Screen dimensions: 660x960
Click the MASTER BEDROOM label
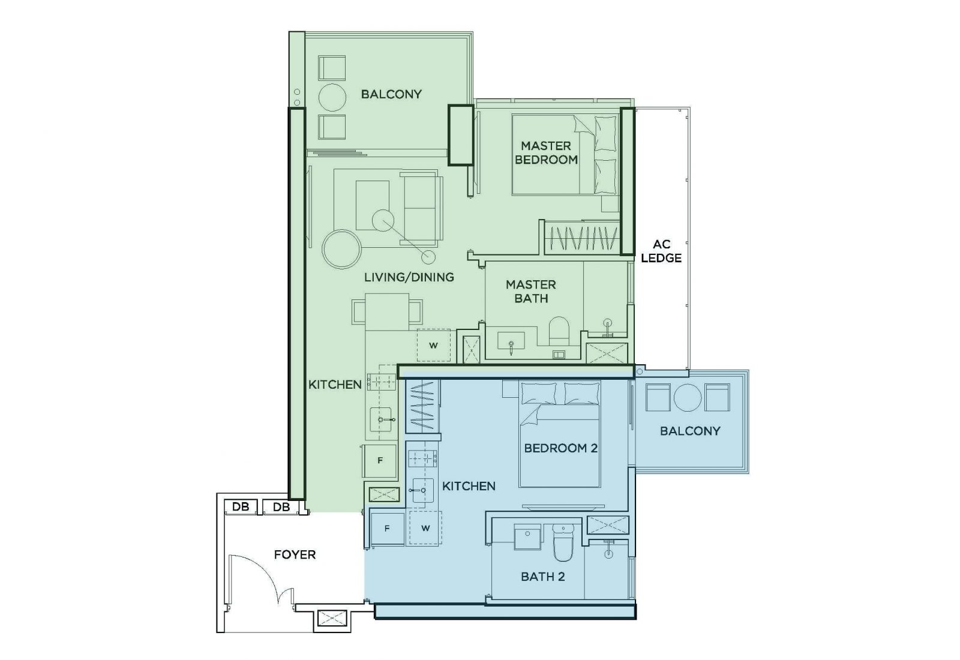point(546,153)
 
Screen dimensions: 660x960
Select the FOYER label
point(295,554)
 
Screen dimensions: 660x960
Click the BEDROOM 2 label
point(560,448)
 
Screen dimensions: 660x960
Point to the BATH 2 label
point(542,577)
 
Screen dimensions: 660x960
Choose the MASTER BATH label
point(530,291)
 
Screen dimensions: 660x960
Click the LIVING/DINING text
point(409,277)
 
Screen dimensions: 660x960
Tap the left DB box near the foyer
point(241,507)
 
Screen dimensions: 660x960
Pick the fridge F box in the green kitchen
point(379,461)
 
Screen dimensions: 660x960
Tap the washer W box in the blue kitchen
point(425,529)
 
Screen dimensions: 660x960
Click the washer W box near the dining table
point(433,345)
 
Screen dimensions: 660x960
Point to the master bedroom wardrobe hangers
point(580,238)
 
